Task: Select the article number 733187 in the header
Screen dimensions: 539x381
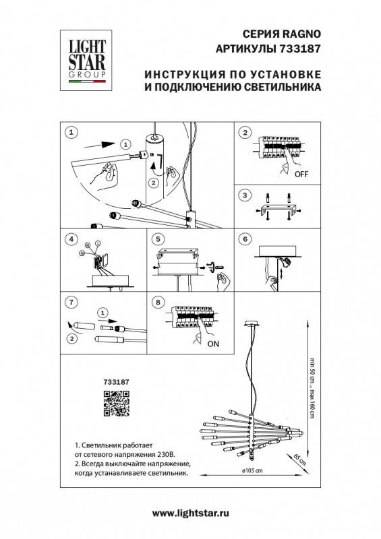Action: pyautogui.click(x=300, y=49)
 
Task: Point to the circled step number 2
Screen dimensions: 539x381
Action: pyautogui.click(x=245, y=131)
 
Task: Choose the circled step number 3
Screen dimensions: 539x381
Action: pyautogui.click(x=245, y=195)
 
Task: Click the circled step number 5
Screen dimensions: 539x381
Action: pyautogui.click(x=158, y=239)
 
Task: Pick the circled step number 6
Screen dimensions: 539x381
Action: pyautogui.click(x=245, y=239)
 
